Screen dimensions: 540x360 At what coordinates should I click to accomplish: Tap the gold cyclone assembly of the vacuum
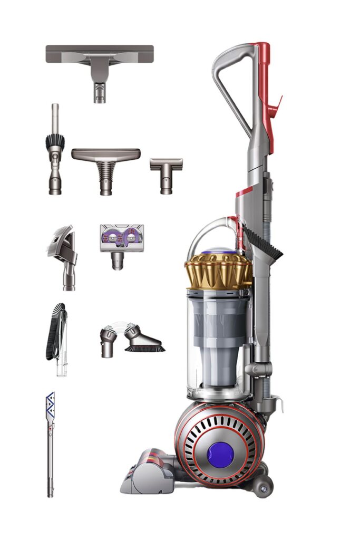218,271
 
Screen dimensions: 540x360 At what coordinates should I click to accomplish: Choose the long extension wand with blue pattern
50,448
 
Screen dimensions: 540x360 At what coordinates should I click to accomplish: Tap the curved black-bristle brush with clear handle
57,336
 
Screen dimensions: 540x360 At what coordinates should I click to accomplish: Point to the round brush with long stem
55,153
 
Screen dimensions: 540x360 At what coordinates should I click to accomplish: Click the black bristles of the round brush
55,141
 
